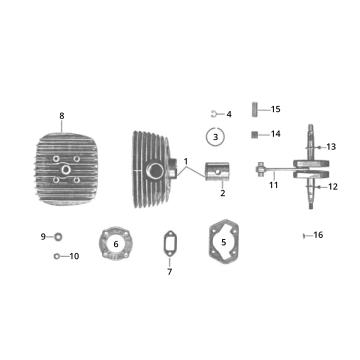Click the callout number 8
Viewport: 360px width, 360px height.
click(x=62, y=115)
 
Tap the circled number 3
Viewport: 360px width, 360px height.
click(x=212, y=135)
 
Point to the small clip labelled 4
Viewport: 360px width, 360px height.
click(x=215, y=114)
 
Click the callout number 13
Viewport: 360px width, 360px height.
click(x=332, y=147)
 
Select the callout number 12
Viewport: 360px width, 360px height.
click(x=333, y=186)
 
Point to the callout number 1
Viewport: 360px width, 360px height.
click(x=185, y=161)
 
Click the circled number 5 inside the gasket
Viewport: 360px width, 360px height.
click(x=224, y=241)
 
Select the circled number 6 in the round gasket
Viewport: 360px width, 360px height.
click(x=116, y=243)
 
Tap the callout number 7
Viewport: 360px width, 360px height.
click(x=170, y=272)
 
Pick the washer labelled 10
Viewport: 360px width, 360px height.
click(x=56, y=256)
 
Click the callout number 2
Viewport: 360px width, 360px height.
click(x=222, y=193)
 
